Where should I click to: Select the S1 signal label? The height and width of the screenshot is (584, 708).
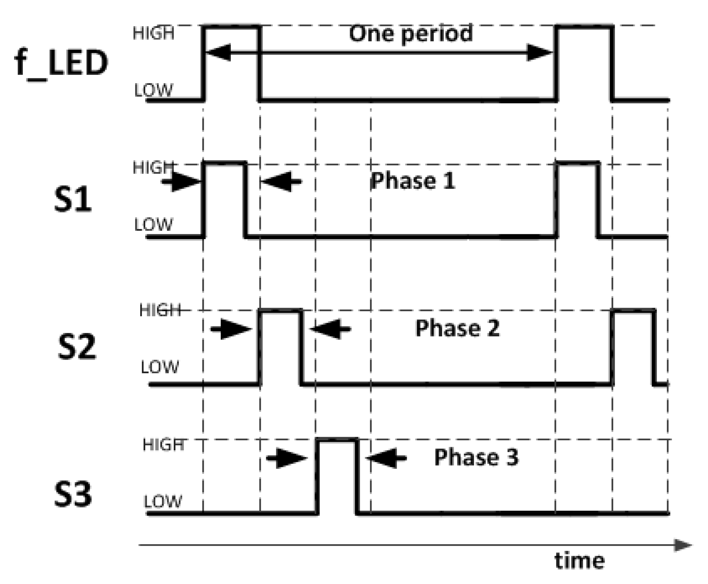coord(73,200)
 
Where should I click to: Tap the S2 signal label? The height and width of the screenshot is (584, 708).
coord(77,347)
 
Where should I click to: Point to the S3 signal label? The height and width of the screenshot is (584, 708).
coord(73,494)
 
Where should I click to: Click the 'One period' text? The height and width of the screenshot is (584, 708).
coord(411,34)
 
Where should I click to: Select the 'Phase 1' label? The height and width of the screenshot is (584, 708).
coord(413,181)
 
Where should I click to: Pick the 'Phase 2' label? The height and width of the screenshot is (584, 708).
coord(457,328)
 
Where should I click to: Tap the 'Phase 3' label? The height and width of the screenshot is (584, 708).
coord(476,457)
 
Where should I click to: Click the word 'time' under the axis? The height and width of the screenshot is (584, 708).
coord(579,561)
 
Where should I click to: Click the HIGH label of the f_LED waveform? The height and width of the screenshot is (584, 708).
coord(154,33)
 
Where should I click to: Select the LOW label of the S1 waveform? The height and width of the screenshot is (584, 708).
coord(154,225)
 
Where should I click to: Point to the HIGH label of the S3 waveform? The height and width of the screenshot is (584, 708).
coord(163,445)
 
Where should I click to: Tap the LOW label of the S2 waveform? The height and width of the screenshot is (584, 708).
coord(160,367)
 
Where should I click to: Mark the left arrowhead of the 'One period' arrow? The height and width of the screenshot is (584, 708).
coord(218,53)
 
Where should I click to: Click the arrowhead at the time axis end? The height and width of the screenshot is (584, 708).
coord(683,545)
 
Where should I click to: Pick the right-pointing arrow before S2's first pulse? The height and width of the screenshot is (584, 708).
coord(231,329)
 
